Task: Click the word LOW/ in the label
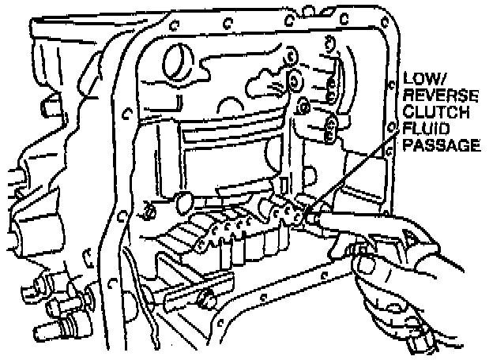tap(423, 78)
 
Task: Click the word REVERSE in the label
tap(441, 96)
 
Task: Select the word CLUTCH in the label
tap(436, 112)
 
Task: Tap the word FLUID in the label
tap(426, 129)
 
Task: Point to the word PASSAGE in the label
tap(442, 145)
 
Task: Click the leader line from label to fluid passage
tap(352, 172)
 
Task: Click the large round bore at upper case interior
tap(178, 63)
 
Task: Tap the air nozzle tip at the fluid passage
tap(310, 217)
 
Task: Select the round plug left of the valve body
tap(185, 203)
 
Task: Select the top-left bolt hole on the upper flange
tap(174, 25)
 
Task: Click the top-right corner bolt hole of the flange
tap(385, 21)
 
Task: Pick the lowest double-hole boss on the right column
tap(330, 129)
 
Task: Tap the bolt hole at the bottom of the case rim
tap(220, 323)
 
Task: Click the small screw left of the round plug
tap(149, 212)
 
